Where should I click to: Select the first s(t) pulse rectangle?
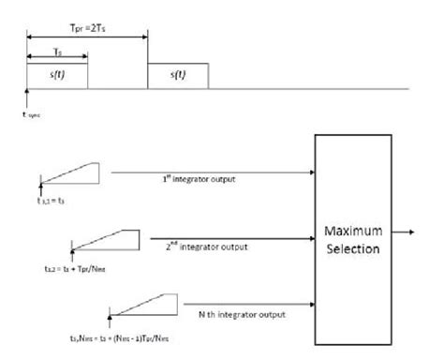58,77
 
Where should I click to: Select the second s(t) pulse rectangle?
178,77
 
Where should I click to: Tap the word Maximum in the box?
352,229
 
